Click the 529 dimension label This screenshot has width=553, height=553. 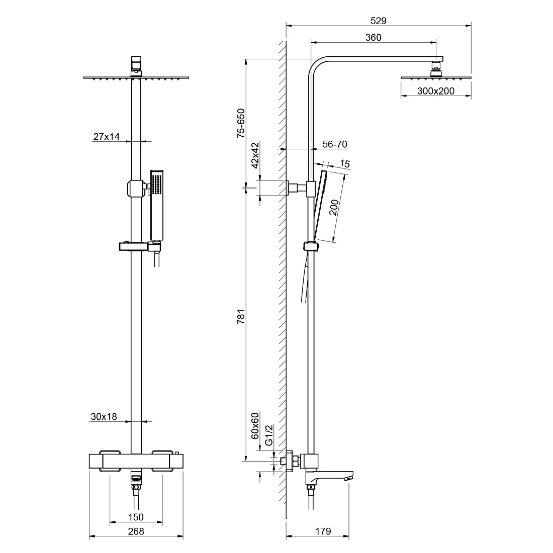379,21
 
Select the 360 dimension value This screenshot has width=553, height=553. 373,37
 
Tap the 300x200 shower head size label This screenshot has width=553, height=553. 436,91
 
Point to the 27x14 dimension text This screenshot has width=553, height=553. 107,136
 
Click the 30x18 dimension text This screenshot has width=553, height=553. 104,417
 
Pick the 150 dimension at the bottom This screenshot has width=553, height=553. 136,517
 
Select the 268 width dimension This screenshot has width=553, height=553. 136,531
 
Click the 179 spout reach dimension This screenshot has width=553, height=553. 323,531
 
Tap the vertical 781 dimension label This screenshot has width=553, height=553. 241,317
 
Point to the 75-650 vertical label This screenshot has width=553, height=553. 241,123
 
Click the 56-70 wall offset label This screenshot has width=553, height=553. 335,144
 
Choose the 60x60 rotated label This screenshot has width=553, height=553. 255,425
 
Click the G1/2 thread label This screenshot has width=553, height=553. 269,435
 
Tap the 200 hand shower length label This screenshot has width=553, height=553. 334,207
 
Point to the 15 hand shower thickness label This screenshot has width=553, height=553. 345,164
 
